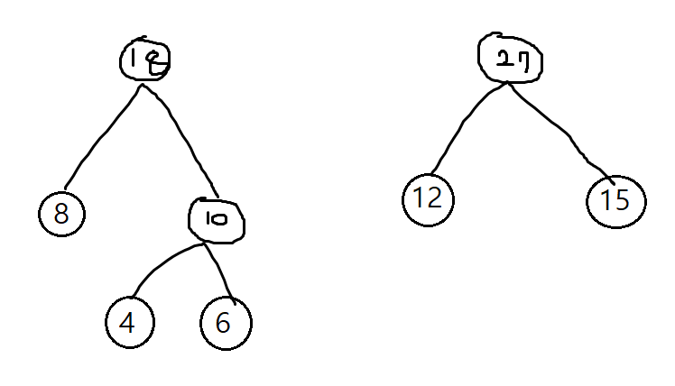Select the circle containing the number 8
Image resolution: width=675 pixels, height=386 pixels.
(61, 214)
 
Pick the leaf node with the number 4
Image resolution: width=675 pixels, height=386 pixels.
(129, 322)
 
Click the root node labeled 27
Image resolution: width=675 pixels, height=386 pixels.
(506, 57)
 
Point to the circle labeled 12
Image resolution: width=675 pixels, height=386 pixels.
(428, 198)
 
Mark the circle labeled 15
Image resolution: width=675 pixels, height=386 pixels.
(615, 200)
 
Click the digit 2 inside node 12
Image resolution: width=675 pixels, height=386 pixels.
(434, 198)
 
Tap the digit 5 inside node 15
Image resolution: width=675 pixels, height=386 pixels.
(623, 200)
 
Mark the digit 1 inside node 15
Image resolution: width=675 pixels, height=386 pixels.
(606, 200)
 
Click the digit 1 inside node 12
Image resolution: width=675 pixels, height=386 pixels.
(419, 198)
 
